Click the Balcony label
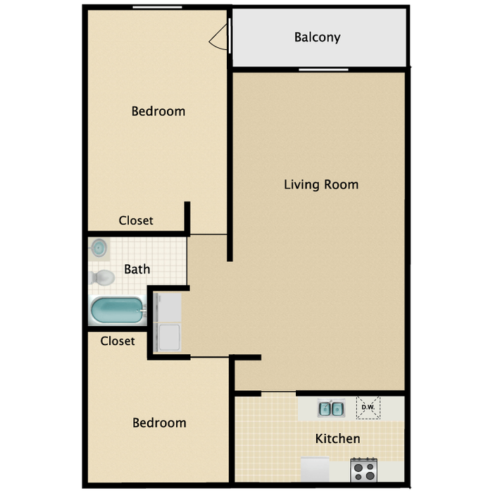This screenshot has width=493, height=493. click(317, 37)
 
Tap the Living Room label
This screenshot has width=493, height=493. click(321, 185)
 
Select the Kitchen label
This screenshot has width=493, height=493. click(337, 438)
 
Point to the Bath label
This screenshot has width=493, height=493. click(137, 269)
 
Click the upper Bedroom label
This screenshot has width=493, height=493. click(158, 111)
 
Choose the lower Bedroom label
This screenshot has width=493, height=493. click(159, 423)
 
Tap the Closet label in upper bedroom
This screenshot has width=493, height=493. click(136, 220)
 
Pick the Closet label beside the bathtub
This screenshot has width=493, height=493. click(118, 341)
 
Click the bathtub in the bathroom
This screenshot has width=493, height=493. click(118, 311)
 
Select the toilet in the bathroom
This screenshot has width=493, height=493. click(101, 277)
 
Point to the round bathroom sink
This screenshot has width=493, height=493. click(99, 248)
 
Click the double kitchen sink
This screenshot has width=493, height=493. click(331, 408)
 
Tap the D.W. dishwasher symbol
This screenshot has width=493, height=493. click(368, 408)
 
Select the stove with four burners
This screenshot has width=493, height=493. click(364, 470)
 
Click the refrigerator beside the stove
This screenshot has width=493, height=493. click(315, 470)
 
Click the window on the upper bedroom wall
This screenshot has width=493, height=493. click(157, 7)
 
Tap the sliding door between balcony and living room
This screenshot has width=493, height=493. click(323, 70)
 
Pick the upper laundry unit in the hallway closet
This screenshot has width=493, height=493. click(168, 308)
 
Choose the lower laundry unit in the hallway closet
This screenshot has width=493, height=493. click(168, 337)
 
